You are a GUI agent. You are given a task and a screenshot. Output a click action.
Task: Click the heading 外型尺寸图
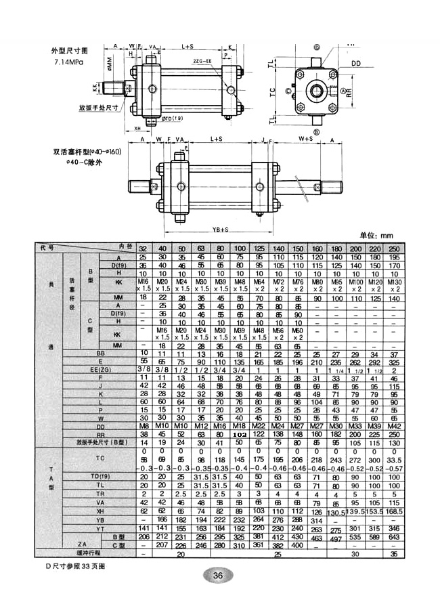[70, 51]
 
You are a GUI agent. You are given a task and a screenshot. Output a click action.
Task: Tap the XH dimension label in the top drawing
[137, 127]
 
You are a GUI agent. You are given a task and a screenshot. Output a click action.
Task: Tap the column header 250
[412, 249]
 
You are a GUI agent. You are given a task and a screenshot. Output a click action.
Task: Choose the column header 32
[143, 249]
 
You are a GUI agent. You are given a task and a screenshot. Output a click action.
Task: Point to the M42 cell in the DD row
[412, 426]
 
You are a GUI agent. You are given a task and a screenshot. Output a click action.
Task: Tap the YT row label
[100, 528]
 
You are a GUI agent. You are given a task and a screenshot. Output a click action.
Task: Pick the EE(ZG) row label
[100, 369]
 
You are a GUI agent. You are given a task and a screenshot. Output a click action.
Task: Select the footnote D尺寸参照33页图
[76, 564]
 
